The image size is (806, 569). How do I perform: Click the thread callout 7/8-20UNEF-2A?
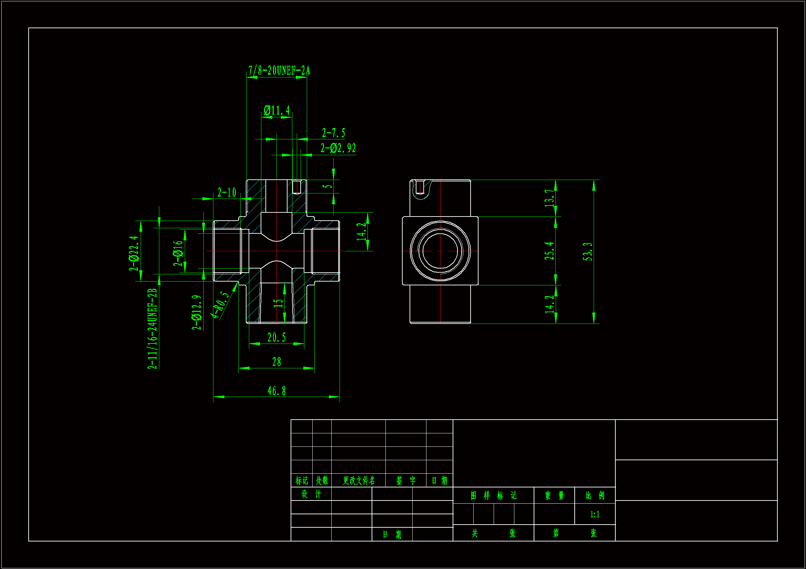pyautogui.click(x=279, y=71)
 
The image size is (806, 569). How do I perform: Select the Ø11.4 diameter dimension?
pyautogui.click(x=276, y=111)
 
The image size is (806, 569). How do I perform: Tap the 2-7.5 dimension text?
pyautogui.click(x=333, y=133)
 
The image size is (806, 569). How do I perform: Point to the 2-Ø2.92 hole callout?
pyautogui.click(x=338, y=148)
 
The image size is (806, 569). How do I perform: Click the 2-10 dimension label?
pyautogui.click(x=227, y=192)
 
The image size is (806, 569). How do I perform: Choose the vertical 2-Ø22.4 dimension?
pyautogui.click(x=134, y=253)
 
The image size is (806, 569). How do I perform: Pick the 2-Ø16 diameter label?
pyautogui.click(x=178, y=253)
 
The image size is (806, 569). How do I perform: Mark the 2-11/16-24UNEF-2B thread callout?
pyautogui.click(x=152, y=329)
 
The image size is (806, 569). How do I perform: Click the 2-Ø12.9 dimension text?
pyautogui.click(x=197, y=312)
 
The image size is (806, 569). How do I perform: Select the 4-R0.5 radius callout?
pyautogui.click(x=220, y=305)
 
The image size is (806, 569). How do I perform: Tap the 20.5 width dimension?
pyautogui.click(x=276, y=338)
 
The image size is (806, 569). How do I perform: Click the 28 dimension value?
pyautogui.click(x=276, y=362)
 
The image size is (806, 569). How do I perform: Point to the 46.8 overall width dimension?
pyautogui.click(x=276, y=391)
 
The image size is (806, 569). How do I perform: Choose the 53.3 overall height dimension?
pyautogui.click(x=588, y=252)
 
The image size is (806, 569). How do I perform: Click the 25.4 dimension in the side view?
pyautogui.click(x=550, y=251)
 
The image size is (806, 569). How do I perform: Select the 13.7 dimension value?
pyautogui.click(x=550, y=198)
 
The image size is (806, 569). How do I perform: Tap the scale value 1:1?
pyautogui.click(x=595, y=514)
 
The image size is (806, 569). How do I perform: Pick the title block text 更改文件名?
pyautogui.click(x=359, y=480)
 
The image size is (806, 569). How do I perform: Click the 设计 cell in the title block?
pyautogui.click(x=311, y=494)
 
